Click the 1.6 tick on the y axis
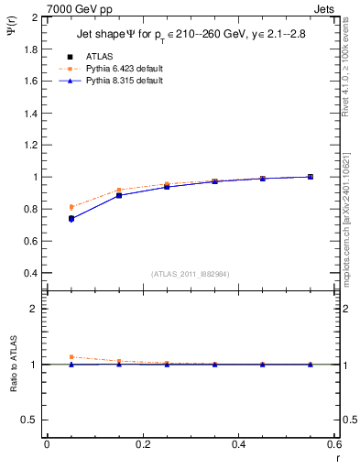tap(30, 81)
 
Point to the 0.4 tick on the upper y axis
tap(30, 273)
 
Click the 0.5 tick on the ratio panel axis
tap(30, 420)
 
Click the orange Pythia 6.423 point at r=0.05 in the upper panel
tap(71, 206)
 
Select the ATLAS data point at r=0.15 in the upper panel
tap(119, 195)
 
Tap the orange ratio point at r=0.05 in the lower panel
tap(71, 357)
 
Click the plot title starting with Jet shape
tap(191, 35)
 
